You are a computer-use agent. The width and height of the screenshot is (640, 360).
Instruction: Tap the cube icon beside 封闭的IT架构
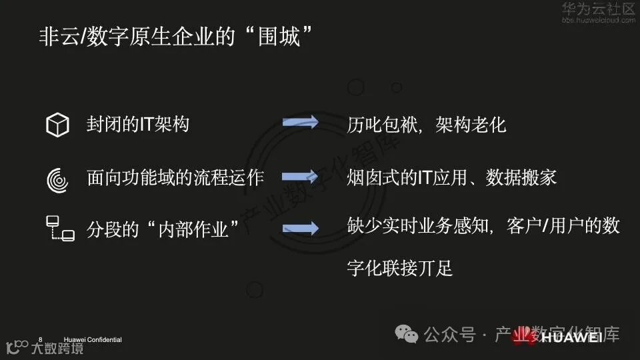pos(57,125)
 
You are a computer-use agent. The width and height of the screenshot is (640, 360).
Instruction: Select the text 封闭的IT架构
pos(138,124)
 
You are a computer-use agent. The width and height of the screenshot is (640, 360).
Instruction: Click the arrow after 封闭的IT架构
pos(300,123)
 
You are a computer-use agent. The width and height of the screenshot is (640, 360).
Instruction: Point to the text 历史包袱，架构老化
pos(427,125)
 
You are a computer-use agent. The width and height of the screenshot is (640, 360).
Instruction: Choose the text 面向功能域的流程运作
pos(175,178)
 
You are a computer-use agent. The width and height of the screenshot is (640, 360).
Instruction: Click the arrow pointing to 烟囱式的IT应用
pos(300,177)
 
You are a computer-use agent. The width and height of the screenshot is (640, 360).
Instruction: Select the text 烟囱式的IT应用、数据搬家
pos(452,178)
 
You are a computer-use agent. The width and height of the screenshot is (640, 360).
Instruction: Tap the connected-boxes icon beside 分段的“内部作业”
pos(59,228)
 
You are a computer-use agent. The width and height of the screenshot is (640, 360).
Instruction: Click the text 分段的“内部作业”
pos(163,229)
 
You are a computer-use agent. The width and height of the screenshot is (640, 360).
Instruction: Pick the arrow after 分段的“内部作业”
pos(300,229)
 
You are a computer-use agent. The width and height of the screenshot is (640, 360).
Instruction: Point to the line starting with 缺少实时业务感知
pos(483,226)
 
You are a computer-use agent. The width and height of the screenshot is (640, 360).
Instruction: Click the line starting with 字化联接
pos(400,268)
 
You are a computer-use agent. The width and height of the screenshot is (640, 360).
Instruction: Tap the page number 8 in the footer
pos(40,339)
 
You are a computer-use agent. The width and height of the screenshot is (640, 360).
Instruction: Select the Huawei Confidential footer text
pos(93,340)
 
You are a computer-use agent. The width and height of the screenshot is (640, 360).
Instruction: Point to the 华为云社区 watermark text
pos(598,9)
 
